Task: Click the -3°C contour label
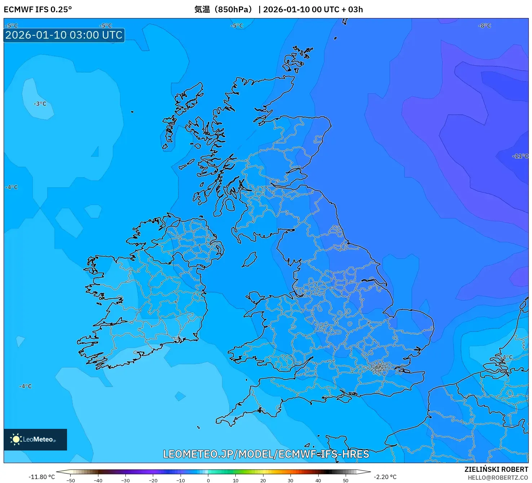tap(40, 104)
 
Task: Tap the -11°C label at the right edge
tap(520, 156)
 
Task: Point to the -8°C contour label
tap(484, 26)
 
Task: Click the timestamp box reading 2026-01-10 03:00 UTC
tap(64, 35)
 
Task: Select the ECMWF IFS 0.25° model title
tap(38, 9)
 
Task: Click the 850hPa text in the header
tap(232, 9)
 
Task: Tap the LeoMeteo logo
tap(35, 439)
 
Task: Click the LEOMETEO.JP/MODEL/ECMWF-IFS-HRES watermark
tap(266, 454)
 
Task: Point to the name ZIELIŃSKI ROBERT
tap(496, 470)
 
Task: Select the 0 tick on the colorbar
tap(208, 480)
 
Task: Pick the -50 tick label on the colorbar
tap(71, 480)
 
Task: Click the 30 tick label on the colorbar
tap(291, 480)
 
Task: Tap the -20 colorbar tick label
tap(153, 480)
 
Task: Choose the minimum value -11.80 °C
tap(42, 477)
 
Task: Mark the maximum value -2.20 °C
tap(385, 477)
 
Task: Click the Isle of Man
tap(249, 260)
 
